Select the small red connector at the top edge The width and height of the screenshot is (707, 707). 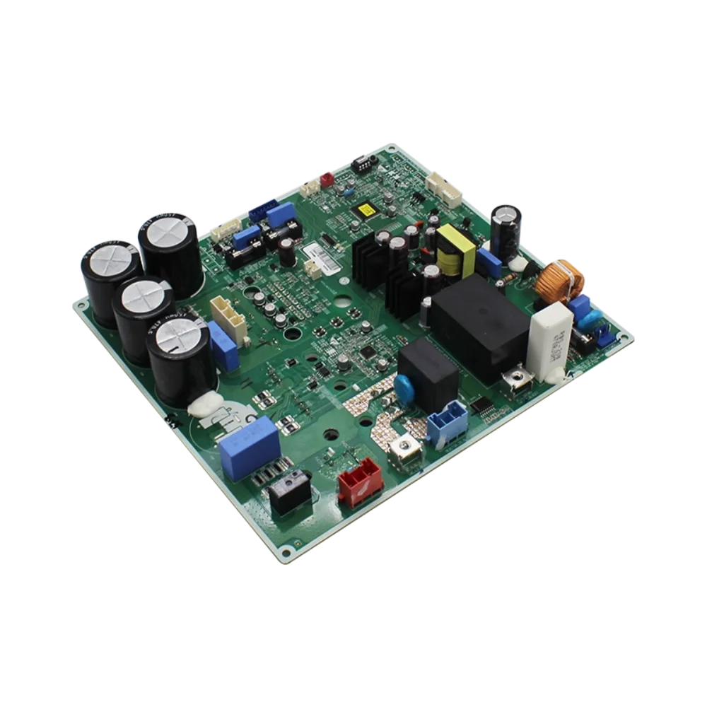(327, 180)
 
